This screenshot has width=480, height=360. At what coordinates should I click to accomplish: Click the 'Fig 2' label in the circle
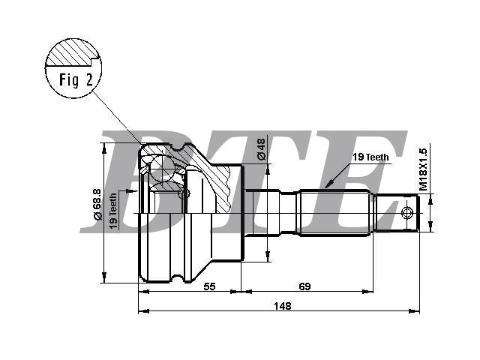76,80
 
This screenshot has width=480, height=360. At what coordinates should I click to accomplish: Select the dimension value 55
209,286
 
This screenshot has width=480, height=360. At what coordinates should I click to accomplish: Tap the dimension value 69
304,286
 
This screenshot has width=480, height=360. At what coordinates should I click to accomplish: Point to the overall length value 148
283,306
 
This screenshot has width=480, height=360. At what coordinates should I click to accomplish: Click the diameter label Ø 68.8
97,205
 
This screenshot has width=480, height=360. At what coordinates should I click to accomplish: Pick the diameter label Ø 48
262,149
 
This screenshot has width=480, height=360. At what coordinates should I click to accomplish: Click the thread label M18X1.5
423,169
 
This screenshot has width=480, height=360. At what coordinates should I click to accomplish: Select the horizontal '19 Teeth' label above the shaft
370,157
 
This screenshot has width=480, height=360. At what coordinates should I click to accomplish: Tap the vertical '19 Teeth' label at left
113,211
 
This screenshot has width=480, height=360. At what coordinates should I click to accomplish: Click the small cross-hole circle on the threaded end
406,213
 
